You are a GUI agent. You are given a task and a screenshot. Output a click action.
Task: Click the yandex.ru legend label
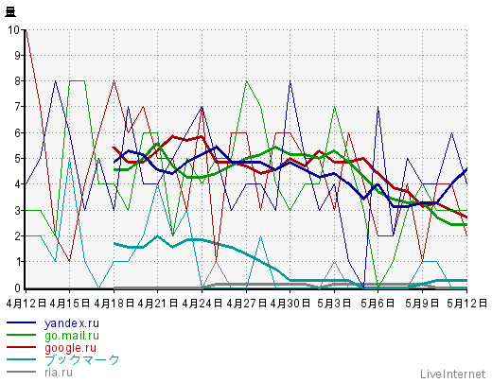coord(72,323)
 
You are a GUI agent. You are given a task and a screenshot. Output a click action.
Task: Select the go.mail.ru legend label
coord(72,336)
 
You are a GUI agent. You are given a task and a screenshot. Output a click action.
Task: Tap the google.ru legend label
coord(70,348)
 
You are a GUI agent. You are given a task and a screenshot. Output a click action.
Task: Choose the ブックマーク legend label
coord(81,359)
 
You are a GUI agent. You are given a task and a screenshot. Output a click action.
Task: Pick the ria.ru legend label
coord(59,373)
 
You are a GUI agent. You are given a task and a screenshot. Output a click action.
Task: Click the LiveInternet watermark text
coord(452,374)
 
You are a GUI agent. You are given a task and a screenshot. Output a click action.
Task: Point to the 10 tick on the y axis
coord(14,30)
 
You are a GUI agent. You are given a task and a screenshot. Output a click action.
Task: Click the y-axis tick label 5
coord(17,159)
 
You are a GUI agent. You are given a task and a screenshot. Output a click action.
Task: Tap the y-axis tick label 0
coord(17,287)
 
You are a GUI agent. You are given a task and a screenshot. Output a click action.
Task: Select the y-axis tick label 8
coord(17,81)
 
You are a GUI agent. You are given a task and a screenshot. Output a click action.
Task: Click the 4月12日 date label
coord(26,304)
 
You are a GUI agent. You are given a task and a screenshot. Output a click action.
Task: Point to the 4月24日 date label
coord(202,304)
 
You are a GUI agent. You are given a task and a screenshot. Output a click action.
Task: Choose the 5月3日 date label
coord(334,304)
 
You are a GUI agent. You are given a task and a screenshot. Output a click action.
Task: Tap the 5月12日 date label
coord(467,304)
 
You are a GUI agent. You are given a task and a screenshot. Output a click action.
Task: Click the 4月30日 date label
coord(290,304)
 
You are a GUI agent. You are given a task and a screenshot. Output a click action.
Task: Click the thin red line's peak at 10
coord(26,30)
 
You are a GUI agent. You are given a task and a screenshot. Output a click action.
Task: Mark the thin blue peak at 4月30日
coord(290,81)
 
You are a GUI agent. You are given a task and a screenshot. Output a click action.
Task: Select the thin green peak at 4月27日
coord(246,81)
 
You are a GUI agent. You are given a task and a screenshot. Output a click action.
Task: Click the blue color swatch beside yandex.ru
coord(21,322)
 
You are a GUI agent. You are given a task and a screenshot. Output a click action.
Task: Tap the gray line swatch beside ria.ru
coord(21,372)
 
